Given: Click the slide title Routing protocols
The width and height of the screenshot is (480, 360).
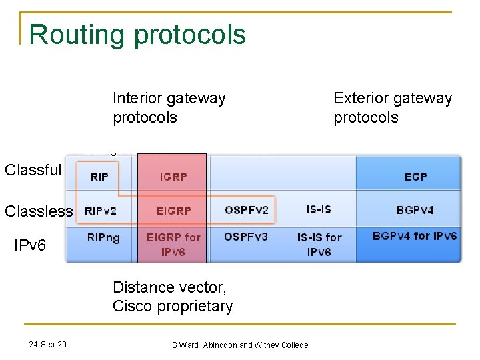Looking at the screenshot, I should pos(137,35).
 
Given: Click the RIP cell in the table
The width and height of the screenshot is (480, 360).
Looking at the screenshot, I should pos(99,177).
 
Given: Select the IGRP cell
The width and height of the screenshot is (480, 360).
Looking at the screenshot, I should pos(173,177).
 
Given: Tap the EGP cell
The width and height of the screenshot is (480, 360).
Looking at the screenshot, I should pos(415,177).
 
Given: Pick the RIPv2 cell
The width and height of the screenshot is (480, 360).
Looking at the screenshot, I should pos(101,211).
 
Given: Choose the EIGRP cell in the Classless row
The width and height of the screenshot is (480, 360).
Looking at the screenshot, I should pos(173,211).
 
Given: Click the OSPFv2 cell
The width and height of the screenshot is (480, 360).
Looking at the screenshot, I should pos(247,211).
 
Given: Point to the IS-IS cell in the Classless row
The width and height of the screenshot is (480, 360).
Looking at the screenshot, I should pos(319,209).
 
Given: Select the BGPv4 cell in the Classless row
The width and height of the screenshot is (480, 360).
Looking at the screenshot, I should pos(415,210).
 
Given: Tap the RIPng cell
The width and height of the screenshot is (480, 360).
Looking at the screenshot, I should pos(103,237).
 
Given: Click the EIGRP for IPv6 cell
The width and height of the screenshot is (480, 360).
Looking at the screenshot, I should pos(173,244).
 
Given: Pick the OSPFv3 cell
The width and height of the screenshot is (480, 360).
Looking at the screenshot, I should pos(246,237).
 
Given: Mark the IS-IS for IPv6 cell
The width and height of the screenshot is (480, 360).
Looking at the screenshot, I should pos(319,244).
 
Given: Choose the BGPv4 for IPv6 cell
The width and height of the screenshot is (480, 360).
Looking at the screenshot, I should pos(415,236).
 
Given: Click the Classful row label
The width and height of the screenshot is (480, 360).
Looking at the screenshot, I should pos(33,170).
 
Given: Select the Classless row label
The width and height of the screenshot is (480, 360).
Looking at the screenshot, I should pos(39,211).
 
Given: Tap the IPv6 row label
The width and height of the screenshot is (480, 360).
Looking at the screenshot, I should pos(30,245).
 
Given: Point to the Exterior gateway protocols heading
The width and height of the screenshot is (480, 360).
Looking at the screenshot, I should pos(393,107).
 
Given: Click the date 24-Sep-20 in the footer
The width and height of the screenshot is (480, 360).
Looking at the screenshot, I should pos(47,345).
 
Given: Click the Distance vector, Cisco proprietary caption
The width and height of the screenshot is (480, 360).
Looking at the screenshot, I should pos(173,297).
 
